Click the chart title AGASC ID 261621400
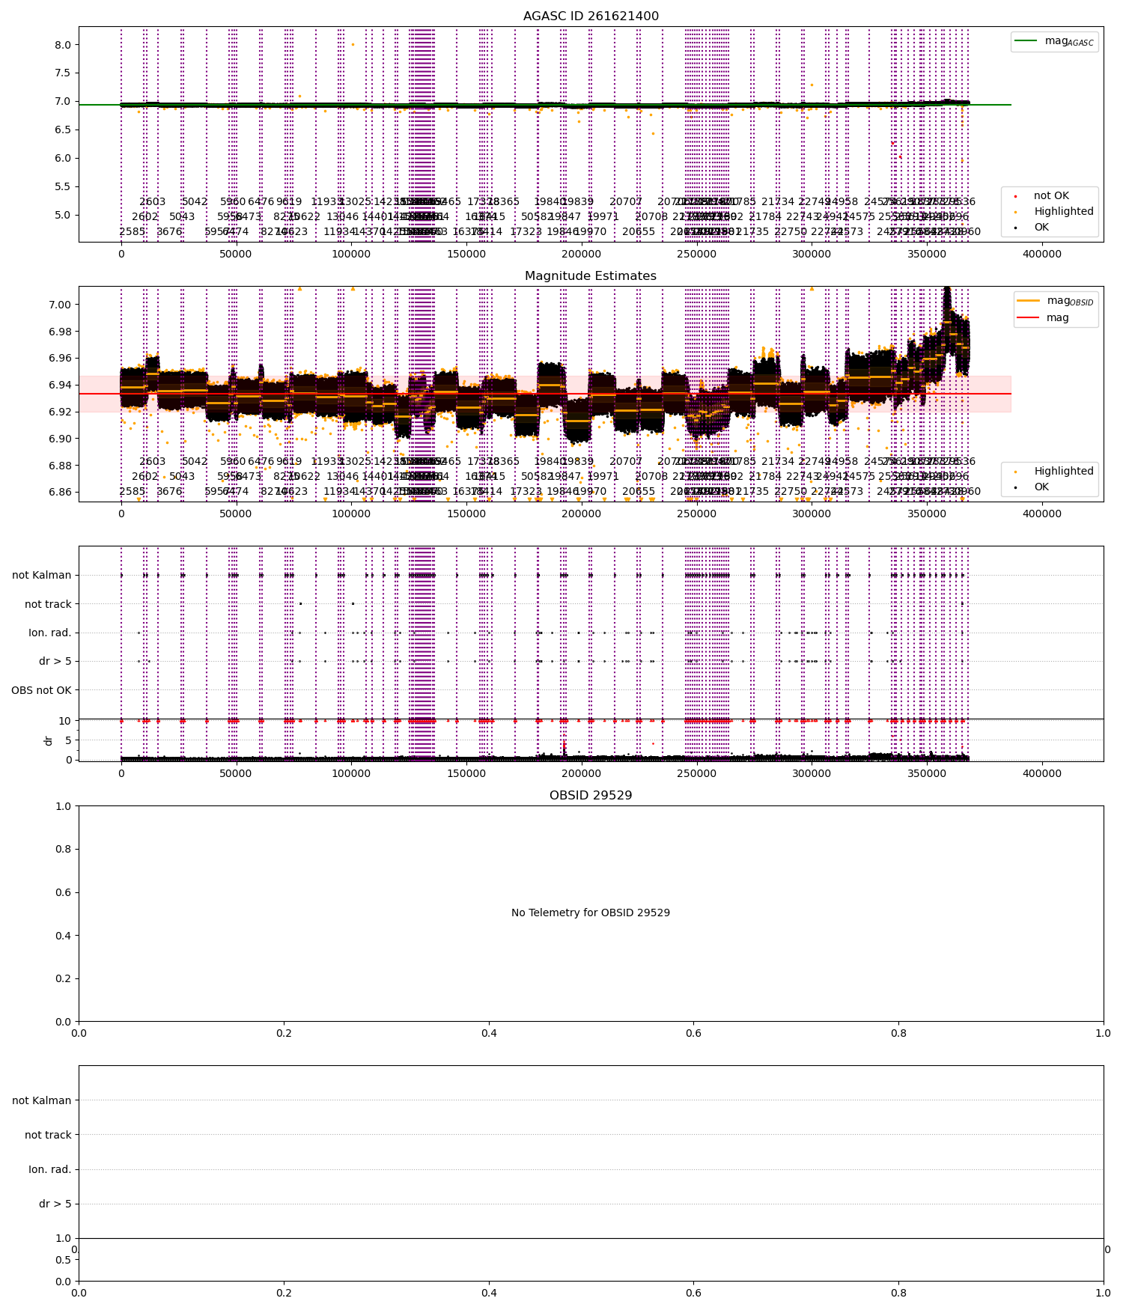[x=591, y=16]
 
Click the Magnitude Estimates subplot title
[x=591, y=276]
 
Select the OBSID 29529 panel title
[x=591, y=796]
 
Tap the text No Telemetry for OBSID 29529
[x=591, y=913]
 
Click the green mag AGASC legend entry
[x=1055, y=41]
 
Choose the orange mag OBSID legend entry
[x=1056, y=301]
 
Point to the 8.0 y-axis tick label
[x=62, y=45]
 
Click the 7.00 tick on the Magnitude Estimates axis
[x=59, y=305]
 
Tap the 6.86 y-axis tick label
[x=59, y=493]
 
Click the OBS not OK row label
[x=41, y=690]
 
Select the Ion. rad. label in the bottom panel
[x=49, y=1169]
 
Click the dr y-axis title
[x=49, y=740]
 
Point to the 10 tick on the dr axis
[x=65, y=721]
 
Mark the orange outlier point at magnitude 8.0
[x=353, y=45]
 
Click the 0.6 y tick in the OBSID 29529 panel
[x=63, y=892]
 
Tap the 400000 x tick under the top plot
[x=1042, y=255]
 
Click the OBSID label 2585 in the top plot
[x=133, y=232]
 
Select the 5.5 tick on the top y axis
[x=62, y=186]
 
